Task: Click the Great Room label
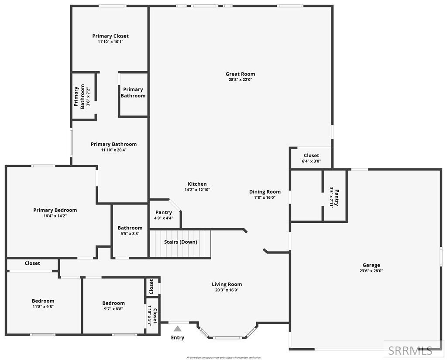(240, 74)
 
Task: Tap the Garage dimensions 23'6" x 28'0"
(371, 271)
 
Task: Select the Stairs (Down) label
(180, 242)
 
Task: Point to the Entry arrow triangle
(178, 329)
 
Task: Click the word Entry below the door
(178, 338)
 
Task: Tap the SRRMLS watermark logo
(410, 350)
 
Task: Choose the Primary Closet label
(110, 36)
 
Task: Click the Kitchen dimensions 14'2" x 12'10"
(197, 190)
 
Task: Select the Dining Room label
(265, 192)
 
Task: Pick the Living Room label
(227, 284)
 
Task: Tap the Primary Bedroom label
(55, 210)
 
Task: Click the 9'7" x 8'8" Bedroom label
(113, 303)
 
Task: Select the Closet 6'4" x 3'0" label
(311, 156)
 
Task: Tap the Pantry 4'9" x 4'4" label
(164, 212)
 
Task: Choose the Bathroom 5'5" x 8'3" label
(130, 228)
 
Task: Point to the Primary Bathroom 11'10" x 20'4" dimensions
(113, 150)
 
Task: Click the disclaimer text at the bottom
(223, 357)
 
